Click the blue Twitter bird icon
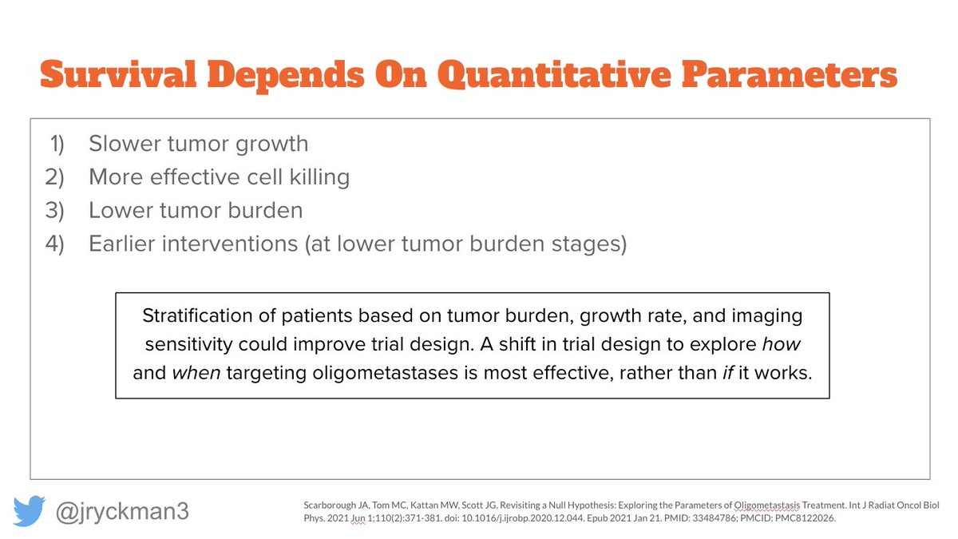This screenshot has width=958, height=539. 29,511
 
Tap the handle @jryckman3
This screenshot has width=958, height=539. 122,512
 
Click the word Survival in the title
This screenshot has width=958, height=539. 118,74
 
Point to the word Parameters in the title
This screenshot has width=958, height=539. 790,74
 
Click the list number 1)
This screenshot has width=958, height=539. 57,144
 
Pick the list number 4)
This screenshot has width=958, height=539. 55,244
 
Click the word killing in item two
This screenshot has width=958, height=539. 319,177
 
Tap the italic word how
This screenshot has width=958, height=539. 782,344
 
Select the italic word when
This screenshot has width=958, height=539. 196,373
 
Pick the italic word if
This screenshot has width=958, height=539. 728,373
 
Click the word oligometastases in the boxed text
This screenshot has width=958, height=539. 386,374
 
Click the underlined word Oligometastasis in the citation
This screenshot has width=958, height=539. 767,505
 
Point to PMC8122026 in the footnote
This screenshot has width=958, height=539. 805,518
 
